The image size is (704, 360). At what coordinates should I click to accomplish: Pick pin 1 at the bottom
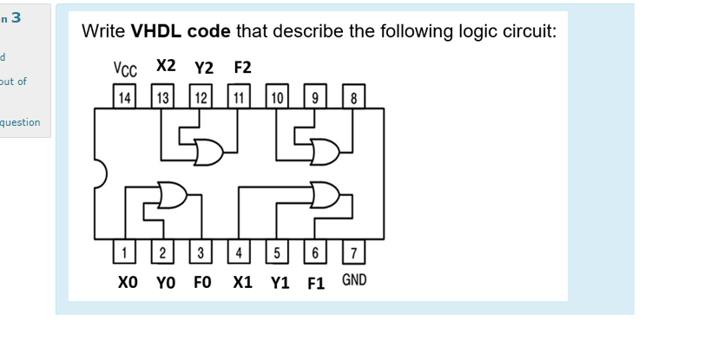(x=125, y=252)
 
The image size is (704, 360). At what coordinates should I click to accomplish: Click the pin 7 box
(x=353, y=252)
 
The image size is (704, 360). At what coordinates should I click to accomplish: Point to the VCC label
(x=124, y=68)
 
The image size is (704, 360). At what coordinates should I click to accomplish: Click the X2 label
(x=166, y=65)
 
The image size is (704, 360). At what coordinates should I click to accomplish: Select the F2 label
(x=242, y=68)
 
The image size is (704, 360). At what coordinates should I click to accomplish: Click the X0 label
(x=128, y=283)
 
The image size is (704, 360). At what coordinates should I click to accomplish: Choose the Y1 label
(x=280, y=283)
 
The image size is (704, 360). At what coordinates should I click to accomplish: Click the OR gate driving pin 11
(x=208, y=151)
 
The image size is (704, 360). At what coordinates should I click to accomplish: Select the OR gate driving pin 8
(x=324, y=151)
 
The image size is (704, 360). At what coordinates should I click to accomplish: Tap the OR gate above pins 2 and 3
(x=171, y=195)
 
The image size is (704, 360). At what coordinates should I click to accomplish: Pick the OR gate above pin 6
(x=324, y=195)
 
